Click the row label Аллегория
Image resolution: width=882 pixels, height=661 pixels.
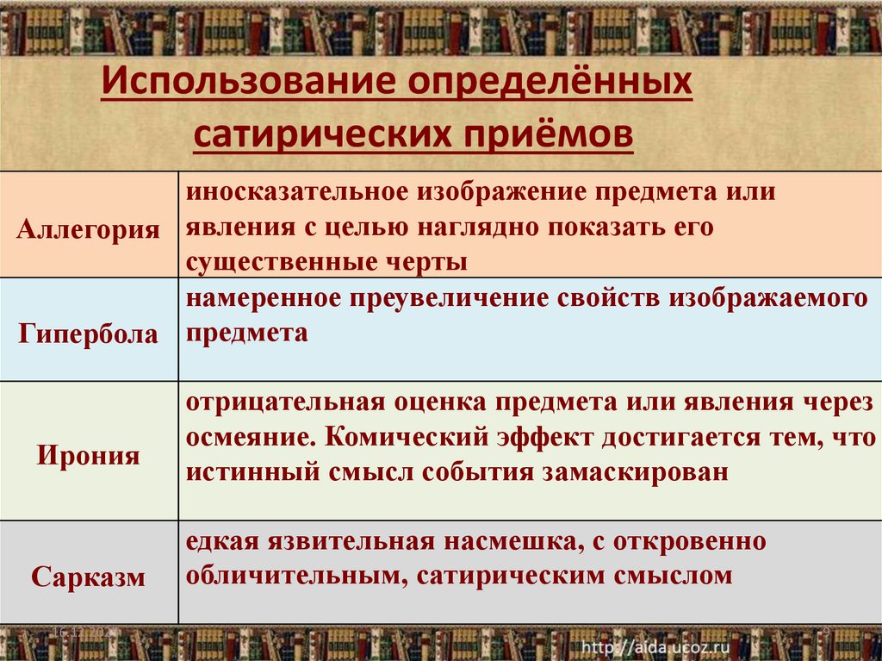point(89,229)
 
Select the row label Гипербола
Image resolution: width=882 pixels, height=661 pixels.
point(89,333)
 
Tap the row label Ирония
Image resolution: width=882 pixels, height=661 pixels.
point(89,453)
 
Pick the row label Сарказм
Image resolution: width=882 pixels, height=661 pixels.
point(89,576)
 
